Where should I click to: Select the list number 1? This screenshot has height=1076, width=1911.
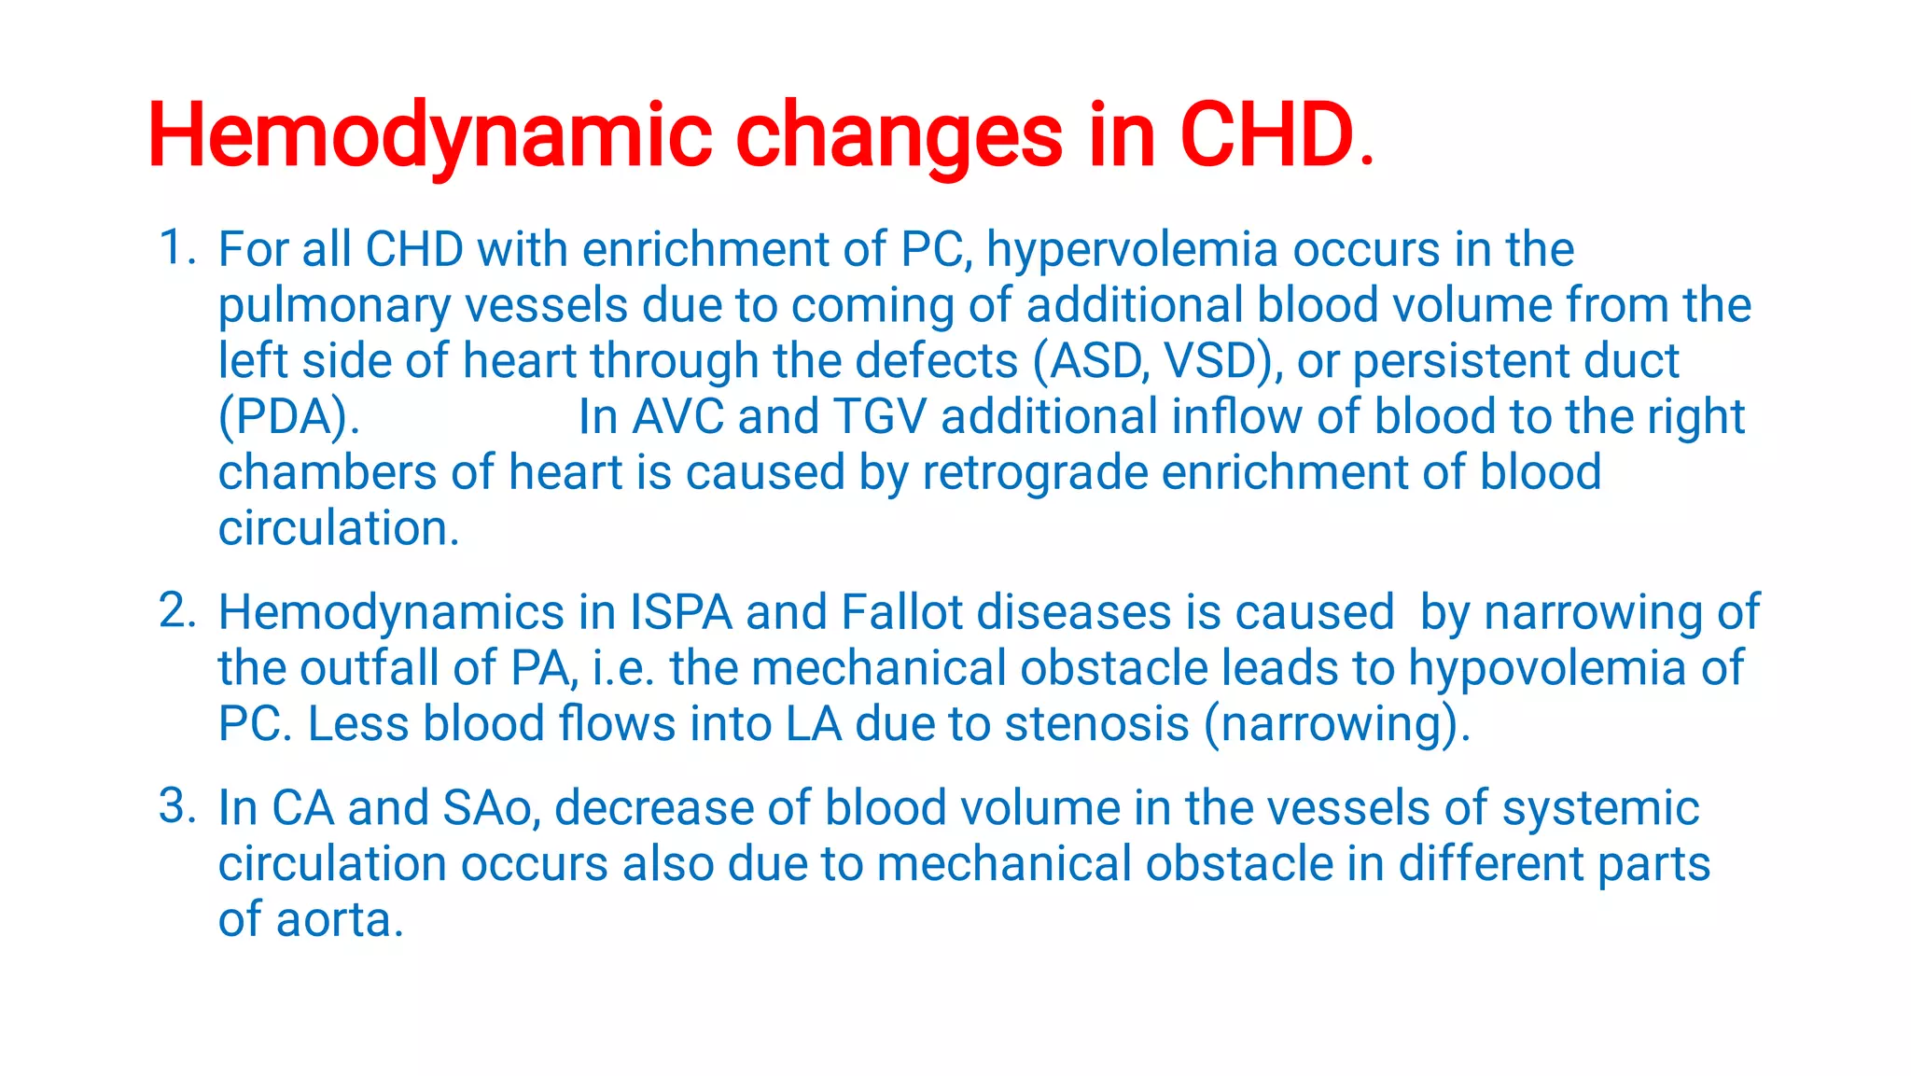click(x=175, y=248)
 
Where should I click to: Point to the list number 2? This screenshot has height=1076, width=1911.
click(x=175, y=611)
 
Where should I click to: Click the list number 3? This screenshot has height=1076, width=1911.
click(x=175, y=806)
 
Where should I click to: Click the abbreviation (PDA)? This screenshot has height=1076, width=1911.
click(x=288, y=417)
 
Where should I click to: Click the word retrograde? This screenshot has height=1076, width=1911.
click(x=1035, y=472)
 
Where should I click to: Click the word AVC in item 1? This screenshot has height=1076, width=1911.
click(x=677, y=417)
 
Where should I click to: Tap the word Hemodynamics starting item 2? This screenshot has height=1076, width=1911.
click(x=391, y=613)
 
